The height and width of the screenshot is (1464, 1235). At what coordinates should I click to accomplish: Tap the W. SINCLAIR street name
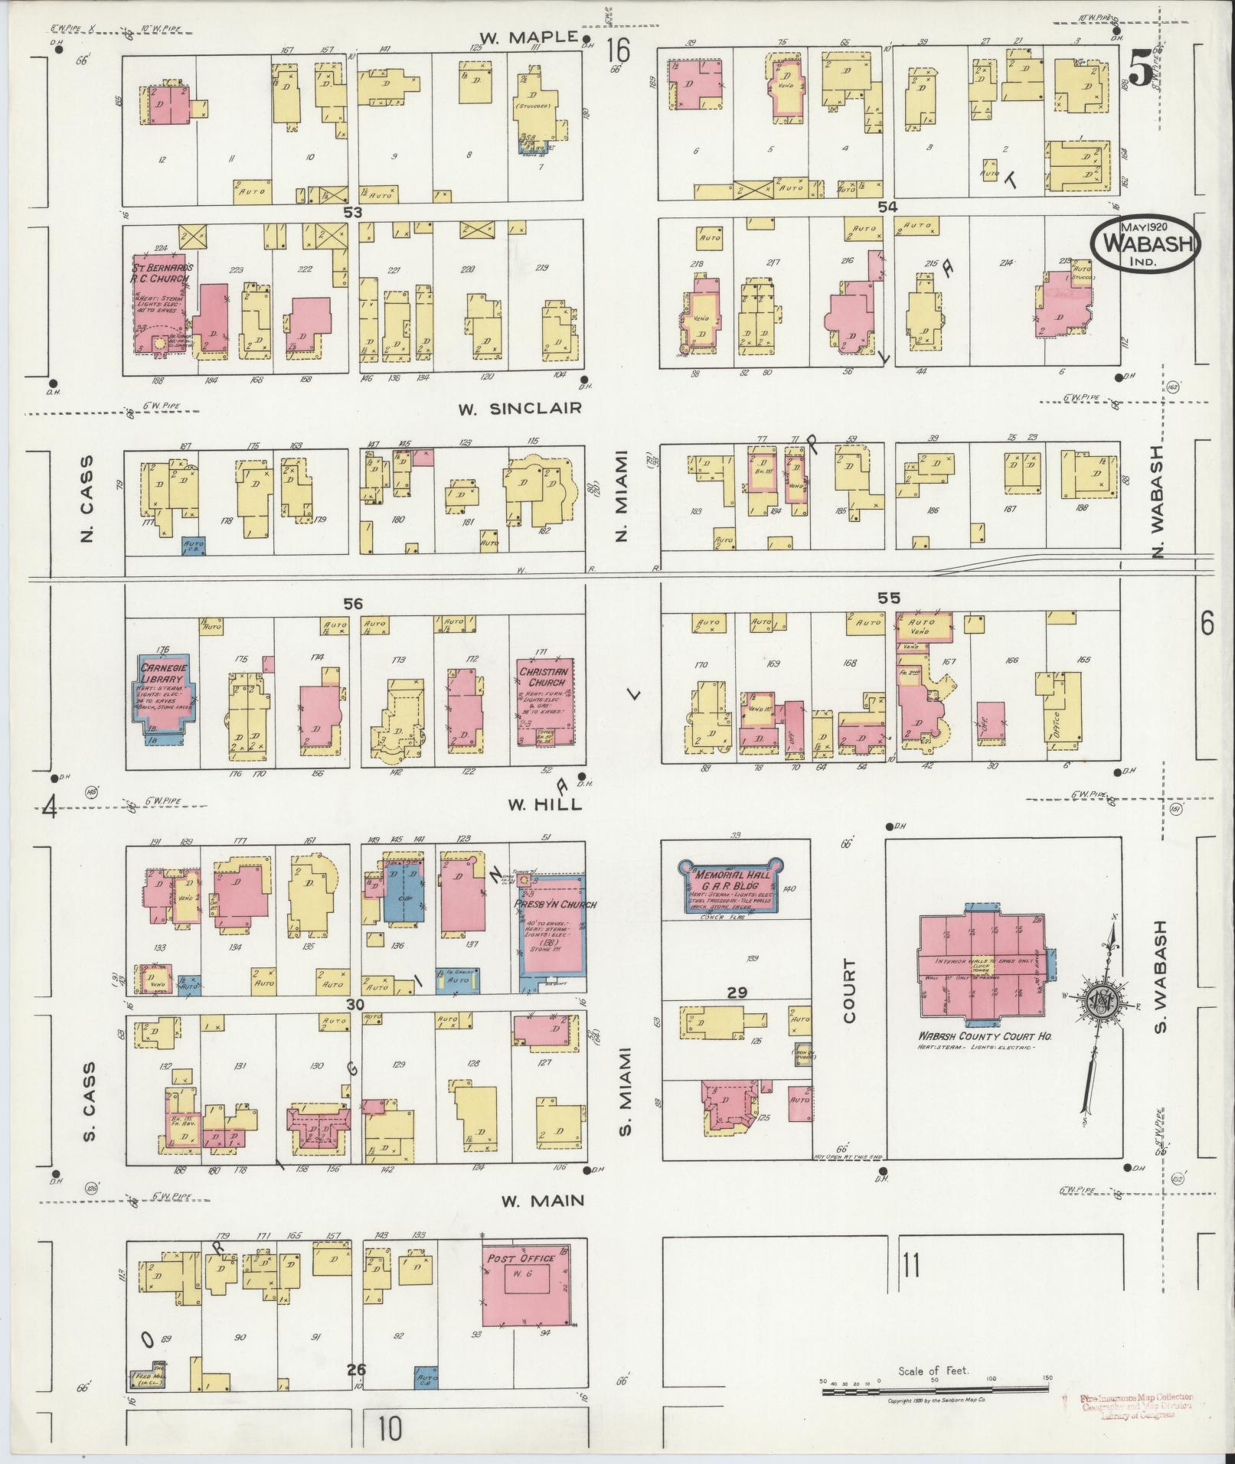tap(520, 408)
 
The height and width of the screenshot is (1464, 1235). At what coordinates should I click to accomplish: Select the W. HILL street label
tap(544, 804)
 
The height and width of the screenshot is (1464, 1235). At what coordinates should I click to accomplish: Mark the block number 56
tap(352, 604)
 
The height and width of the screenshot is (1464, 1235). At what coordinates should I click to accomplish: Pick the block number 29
tap(737, 993)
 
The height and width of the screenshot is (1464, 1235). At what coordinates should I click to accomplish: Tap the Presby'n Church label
tap(544, 904)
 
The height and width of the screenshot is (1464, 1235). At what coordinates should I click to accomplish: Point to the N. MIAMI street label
tap(622, 496)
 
